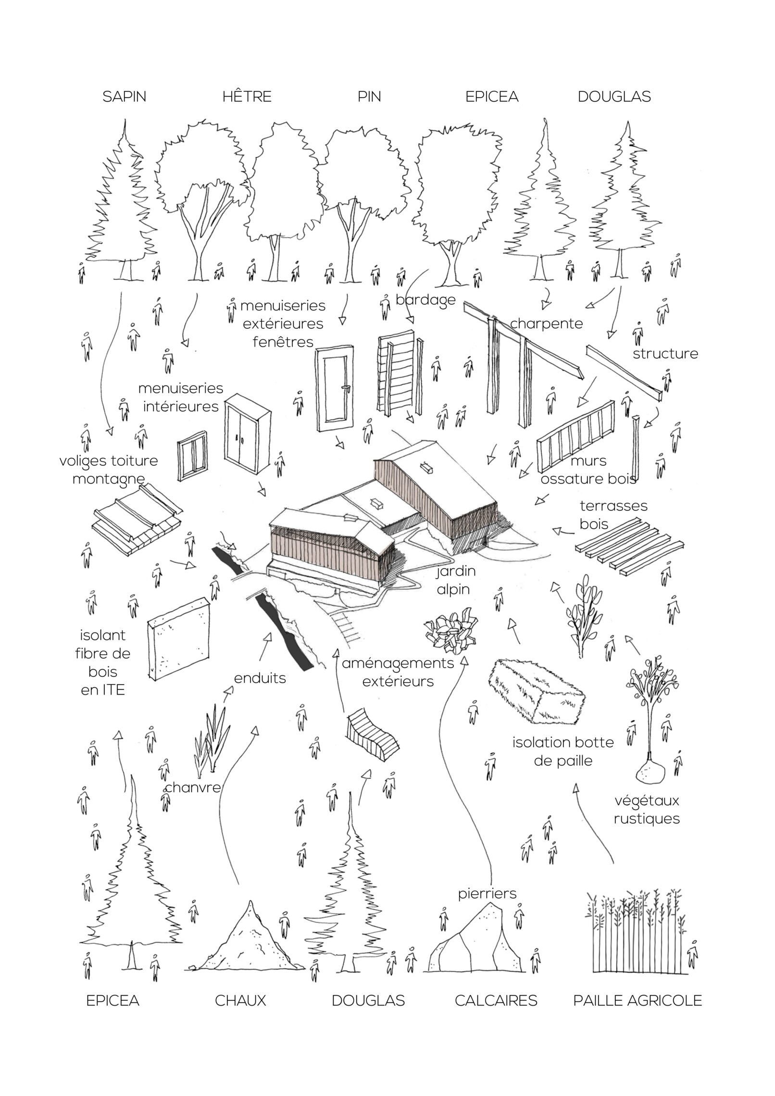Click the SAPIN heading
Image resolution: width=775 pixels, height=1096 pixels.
pyautogui.click(x=124, y=97)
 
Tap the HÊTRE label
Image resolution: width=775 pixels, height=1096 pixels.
pyautogui.click(x=247, y=96)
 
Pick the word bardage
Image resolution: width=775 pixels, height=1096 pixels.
pyautogui.click(x=425, y=300)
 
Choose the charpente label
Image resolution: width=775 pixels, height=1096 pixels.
pyautogui.click(x=546, y=324)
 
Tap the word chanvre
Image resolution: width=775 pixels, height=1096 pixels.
pyautogui.click(x=192, y=787)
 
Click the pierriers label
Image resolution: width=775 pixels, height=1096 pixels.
pyautogui.click(x=487, y=893)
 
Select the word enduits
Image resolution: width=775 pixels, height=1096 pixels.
pyautogui.click(x=260, y=678)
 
